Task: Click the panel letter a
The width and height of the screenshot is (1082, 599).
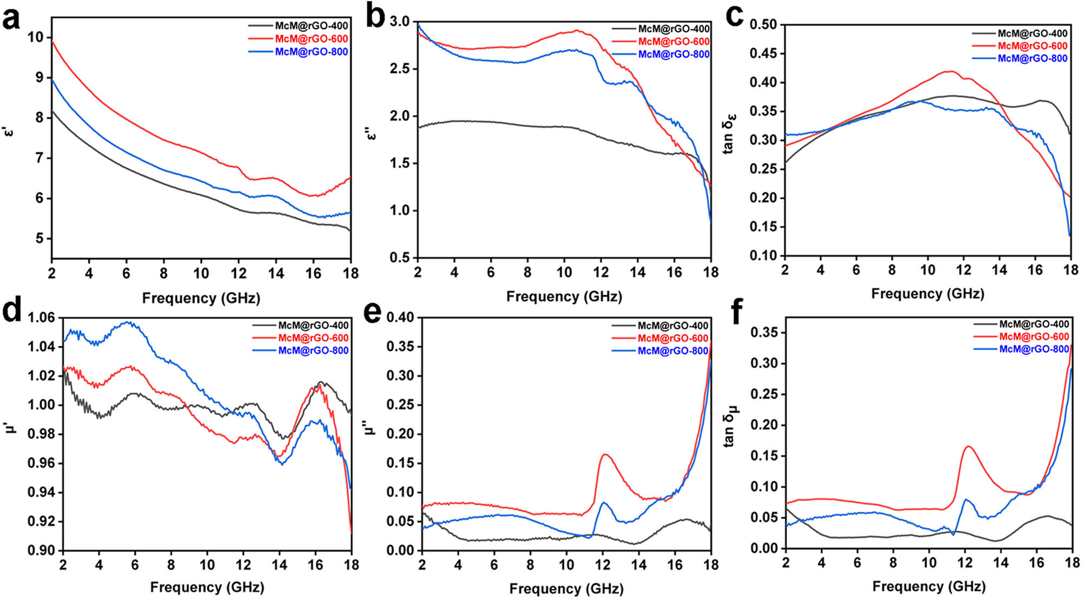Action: coord(12,20)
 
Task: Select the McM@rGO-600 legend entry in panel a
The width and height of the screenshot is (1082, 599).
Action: coord(311,39)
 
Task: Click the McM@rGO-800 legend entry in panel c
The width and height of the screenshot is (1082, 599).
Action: coord(1032,58)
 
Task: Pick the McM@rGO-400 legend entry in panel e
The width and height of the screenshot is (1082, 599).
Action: coord(672,326)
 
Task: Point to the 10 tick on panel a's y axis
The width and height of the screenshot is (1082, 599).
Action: coord(36,37)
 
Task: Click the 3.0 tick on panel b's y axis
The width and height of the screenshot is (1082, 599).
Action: coord(400,22)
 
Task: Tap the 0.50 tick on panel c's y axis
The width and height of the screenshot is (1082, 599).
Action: coord(763,25)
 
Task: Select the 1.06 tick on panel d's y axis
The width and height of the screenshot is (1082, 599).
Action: coord(42,318)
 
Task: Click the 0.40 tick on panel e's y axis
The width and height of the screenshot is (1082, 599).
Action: coord(400,318)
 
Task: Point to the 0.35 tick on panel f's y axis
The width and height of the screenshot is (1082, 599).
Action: coord(763,332)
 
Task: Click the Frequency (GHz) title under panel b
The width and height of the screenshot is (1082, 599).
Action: coord(564,297)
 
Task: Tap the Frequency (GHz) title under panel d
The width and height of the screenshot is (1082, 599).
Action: coord(207,587)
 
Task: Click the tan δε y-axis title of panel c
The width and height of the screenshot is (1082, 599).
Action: coord(729,133)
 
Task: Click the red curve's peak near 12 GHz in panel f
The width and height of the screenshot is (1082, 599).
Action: coord(968,446)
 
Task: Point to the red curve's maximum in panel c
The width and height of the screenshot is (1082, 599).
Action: coord(950,71)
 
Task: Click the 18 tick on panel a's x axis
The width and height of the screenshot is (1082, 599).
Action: coord(351,273)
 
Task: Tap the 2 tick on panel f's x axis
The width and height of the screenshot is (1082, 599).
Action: coord(786,563)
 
